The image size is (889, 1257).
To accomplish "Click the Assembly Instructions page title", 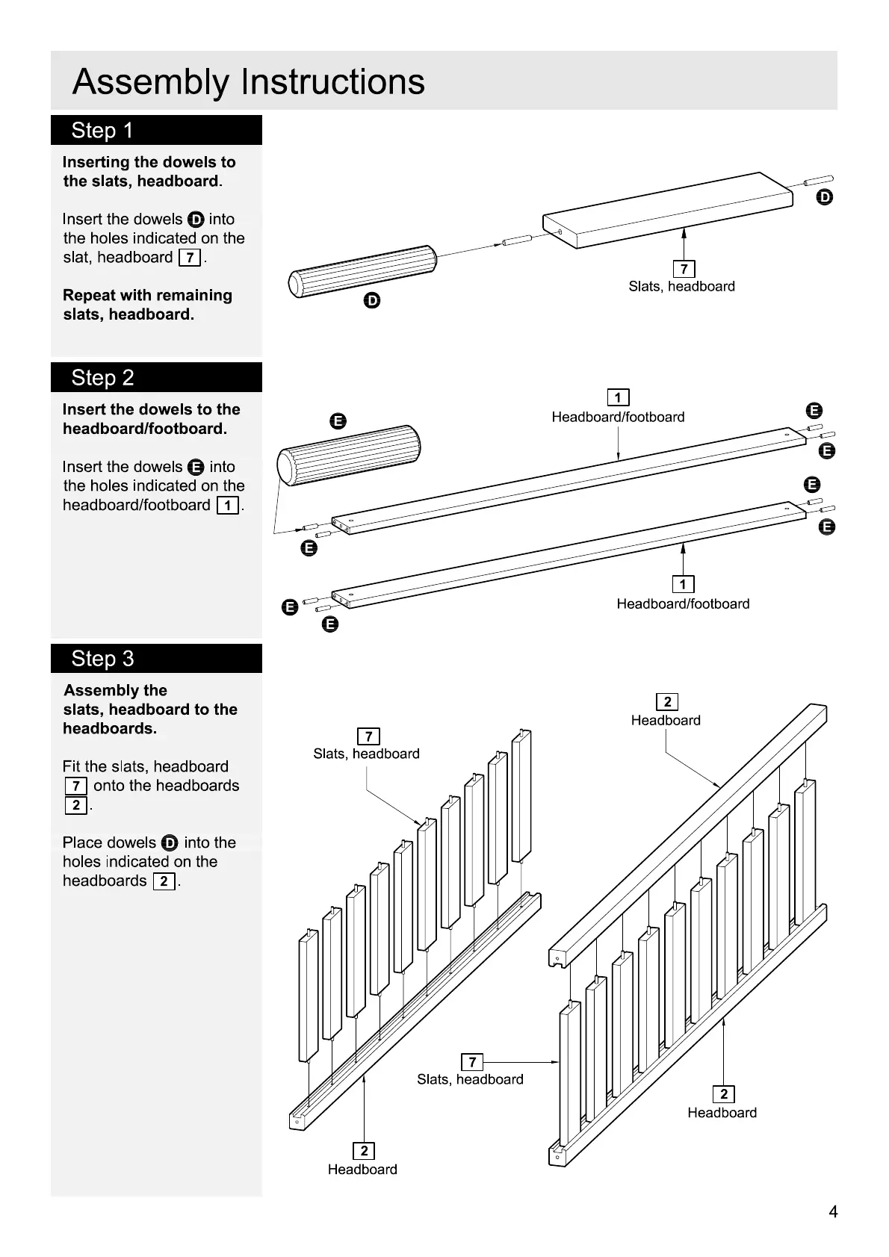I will [x=248, y=82].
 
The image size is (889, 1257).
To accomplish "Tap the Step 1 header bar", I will [x=156, y=130].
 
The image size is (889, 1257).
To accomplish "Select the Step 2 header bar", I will [x=156, y=377].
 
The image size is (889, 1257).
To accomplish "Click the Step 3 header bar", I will [x=156, y=658].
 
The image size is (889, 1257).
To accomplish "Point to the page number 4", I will [x=833, y=1211].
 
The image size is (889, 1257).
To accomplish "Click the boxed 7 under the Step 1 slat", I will [x=684, y=269].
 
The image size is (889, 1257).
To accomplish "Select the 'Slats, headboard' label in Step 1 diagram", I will [x=681, y=286].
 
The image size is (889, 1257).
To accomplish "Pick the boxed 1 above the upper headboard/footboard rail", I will [x=618, y=397].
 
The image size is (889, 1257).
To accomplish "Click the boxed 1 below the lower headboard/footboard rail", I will [x=683, y=584].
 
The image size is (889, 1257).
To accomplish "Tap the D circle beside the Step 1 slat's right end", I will [x=824, y=197].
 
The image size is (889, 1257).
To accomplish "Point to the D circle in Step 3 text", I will [x=170, y=843].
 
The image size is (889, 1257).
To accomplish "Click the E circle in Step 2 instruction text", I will [x=196, y=468].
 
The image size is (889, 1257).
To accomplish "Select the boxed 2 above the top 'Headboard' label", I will [x=666, y=701].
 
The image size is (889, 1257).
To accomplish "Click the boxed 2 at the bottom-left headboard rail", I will [x=364, y=1151].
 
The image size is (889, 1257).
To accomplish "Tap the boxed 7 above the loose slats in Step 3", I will [x=368, y=736].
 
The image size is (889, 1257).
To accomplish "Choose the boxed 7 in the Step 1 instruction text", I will [x=190, y=258].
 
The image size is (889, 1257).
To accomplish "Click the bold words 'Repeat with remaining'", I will [x=147, y=295].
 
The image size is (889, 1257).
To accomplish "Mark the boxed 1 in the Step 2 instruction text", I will [x=227, y=506].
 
